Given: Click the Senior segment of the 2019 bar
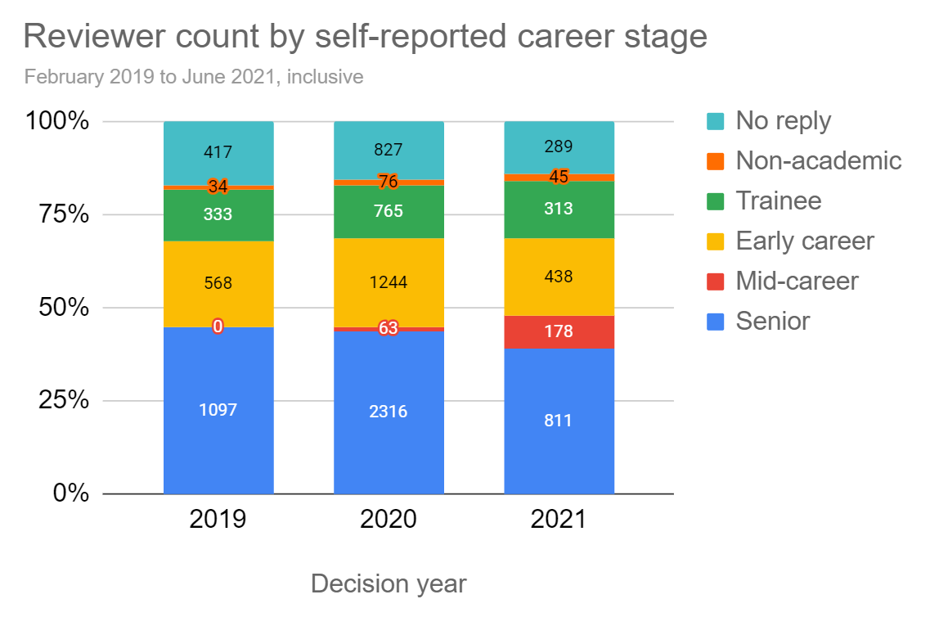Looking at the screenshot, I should click(218, 442).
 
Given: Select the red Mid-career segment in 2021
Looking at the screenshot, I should click(559, 331).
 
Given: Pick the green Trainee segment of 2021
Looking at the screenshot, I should click(559, 209).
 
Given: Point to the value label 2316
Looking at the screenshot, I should click(389, 412).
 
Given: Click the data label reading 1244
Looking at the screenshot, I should click(389, 283).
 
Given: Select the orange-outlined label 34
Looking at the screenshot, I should click(218, 187).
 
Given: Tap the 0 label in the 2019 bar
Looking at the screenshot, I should click(218, 327).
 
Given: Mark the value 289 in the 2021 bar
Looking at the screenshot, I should click(559, 147).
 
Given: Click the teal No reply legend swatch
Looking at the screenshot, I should click(715, 121).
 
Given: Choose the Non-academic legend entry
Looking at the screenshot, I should click(818, 160).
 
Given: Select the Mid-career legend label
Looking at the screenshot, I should click(797, 281).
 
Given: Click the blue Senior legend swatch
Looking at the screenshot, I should click(715, 321).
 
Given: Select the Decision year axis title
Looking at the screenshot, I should click(389, 583).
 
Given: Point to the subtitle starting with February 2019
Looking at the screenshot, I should click(194, 78).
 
